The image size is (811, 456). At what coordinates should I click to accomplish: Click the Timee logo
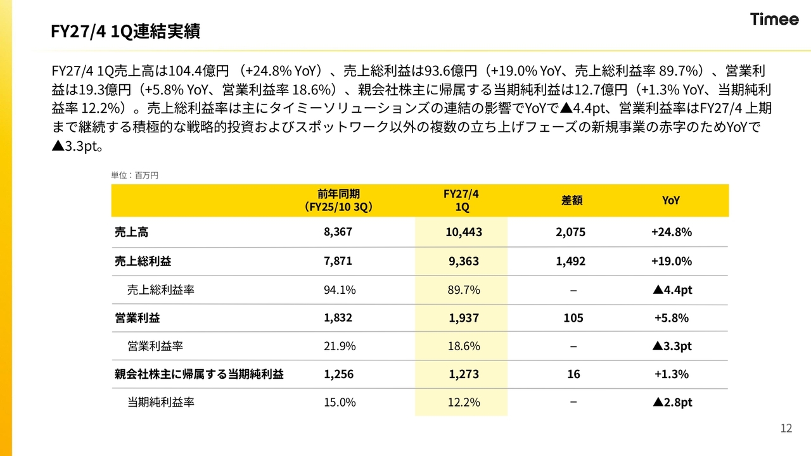pos(774,19)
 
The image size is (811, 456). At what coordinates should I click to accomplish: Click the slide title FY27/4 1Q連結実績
pos(125,31)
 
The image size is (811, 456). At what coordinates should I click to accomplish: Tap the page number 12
pos(786,428)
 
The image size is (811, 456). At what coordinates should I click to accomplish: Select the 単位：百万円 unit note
pos(134,175)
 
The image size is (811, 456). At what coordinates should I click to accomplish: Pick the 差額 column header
pos(572,200)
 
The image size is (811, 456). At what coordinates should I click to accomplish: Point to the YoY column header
pos(671,200)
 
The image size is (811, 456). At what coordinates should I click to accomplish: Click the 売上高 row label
pos(131,232)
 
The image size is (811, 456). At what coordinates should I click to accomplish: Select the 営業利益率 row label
pos(155,346)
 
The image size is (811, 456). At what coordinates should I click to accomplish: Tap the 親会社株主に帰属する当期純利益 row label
pos(199,374)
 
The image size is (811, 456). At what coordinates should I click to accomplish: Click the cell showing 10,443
pos(464,232)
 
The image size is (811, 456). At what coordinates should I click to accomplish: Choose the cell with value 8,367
pos(338,232)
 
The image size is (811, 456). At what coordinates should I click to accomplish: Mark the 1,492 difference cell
pos(571,261)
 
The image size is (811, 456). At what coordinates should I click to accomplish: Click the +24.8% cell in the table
pos(672,232)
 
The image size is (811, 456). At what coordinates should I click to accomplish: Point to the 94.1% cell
pos(340,289)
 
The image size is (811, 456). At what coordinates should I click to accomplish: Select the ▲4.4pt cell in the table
pos(672,290)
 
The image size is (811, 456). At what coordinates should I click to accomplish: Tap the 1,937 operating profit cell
pos(464,318)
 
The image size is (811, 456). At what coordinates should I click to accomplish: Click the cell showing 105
pos(573,318)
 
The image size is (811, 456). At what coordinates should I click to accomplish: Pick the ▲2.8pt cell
pos(672,402)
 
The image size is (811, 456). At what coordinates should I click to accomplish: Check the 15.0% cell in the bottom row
pos(340,402)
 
